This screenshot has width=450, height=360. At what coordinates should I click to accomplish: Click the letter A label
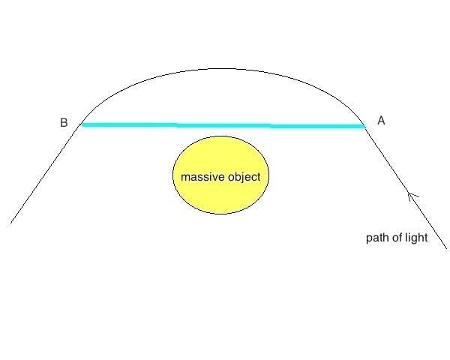[380, 120]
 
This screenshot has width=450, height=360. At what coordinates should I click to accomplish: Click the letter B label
[64, 122]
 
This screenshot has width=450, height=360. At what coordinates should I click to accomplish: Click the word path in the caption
[376, 238]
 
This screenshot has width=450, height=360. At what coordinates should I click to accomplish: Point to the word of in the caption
[397, 238]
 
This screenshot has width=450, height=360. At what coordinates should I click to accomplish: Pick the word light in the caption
[416, 238]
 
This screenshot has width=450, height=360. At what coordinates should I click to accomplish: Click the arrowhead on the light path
[410, 196]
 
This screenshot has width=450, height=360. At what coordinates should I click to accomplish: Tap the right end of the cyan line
[364, 126]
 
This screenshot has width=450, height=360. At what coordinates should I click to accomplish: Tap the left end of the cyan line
[82, 124]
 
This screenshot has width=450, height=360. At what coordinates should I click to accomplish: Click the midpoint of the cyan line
[223, 125]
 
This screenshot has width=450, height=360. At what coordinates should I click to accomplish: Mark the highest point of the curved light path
[222, 69]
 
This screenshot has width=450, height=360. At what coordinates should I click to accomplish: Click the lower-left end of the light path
[11, 223]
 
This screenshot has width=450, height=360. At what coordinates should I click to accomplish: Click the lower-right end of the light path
[447, 247]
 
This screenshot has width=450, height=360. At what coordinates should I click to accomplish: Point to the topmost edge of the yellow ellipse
[220, 136]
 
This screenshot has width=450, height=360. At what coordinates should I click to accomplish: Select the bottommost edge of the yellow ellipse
[220, 214]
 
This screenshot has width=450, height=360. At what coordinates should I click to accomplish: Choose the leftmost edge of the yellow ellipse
[173, 175]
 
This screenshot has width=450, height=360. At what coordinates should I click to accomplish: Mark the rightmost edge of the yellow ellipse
[268, 175]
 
